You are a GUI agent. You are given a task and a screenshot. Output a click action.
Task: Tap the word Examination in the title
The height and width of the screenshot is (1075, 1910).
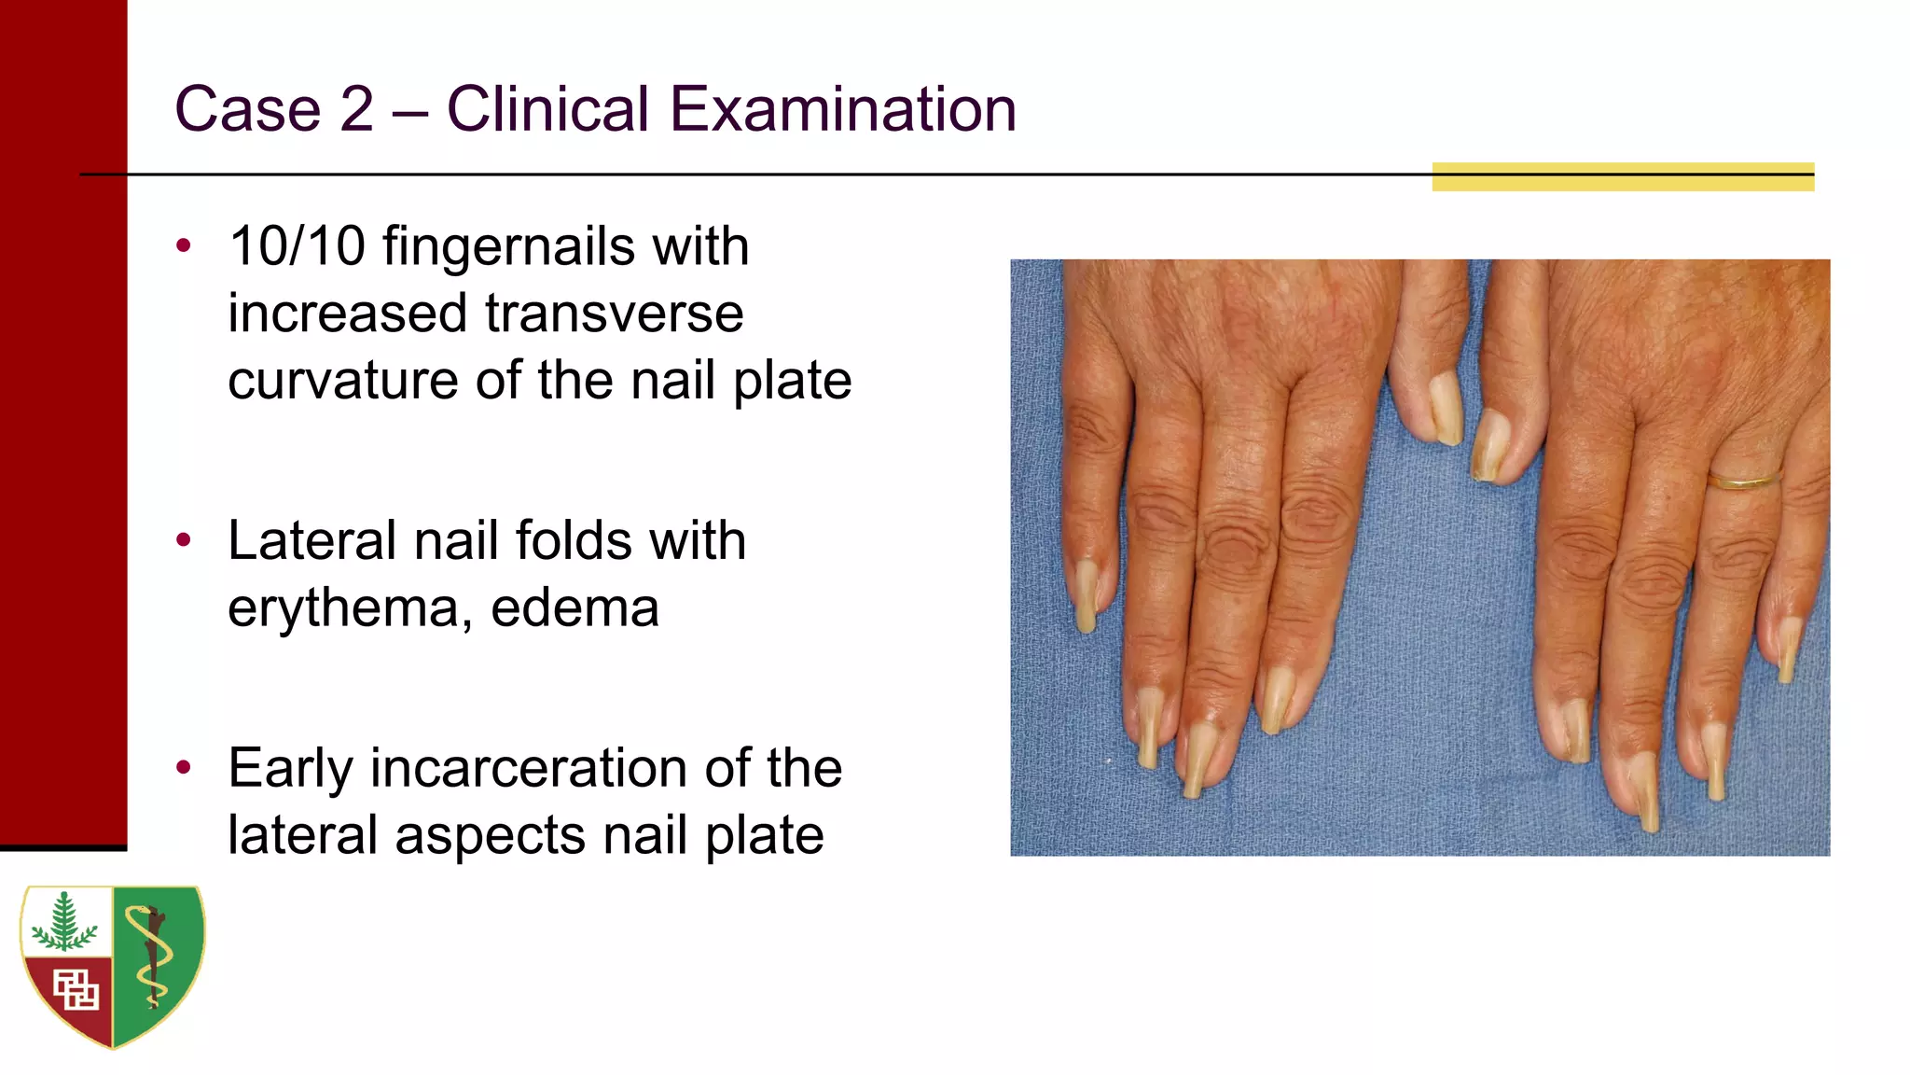click(x=843, y=109)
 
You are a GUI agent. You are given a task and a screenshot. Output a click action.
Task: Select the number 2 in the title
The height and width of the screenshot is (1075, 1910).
click(x=356, y=109)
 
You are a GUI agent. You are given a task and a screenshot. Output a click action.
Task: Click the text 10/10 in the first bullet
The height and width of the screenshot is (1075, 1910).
click(x=297, y=247)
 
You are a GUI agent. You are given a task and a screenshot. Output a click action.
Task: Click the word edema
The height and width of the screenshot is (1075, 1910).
click(x=574, y=608)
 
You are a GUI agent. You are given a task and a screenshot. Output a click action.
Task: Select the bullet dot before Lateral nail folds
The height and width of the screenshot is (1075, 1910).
click(x=184, y=539)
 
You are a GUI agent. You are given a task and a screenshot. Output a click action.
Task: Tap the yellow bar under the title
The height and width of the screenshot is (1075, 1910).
click(x=1623, y=177)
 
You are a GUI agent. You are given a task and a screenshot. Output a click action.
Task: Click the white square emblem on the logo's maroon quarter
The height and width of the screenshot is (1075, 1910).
click(x=76, y=990)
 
